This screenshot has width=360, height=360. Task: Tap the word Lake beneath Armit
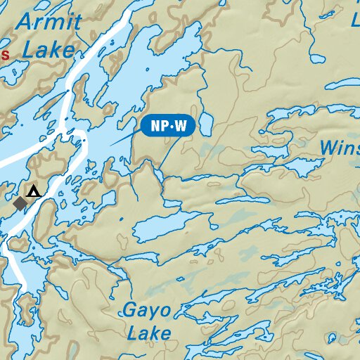(x=48, y=49)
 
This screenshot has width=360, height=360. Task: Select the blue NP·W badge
(x=168, y=127)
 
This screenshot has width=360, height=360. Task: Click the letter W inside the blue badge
(x=180, y=127)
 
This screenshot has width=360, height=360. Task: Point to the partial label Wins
(x=339, y=148)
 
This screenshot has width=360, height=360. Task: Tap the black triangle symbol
(x=33, y=191)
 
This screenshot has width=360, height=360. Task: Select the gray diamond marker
(x=21, y=202)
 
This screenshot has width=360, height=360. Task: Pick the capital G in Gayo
(x=130, y=309)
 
